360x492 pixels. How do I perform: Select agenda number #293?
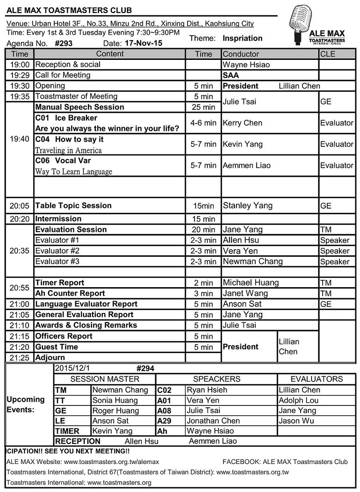[x=64, y=44]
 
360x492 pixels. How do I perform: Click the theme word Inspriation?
[x=243, y=38]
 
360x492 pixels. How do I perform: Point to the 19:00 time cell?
[x=19, y=65]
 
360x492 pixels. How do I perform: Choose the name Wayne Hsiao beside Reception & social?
[x=246, y=65]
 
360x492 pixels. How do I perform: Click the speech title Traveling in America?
[x=68, y=151]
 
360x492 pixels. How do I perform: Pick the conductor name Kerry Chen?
[x=242, y=123]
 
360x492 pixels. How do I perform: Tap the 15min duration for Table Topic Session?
[x=203, y=206]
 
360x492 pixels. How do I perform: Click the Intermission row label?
[x=58, y=219]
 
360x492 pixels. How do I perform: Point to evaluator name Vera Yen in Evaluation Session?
[x=240, y=251]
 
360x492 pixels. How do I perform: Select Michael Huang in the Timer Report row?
[x=251, y=282]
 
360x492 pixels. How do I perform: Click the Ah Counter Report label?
[x=70, y=293]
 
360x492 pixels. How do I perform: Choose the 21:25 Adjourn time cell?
[x=19, y=357]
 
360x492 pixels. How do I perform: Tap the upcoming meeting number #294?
[x=145, y=369]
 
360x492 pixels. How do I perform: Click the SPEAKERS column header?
[x=216, y=379]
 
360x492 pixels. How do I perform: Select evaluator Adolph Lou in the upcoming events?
[x=298, y=400]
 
